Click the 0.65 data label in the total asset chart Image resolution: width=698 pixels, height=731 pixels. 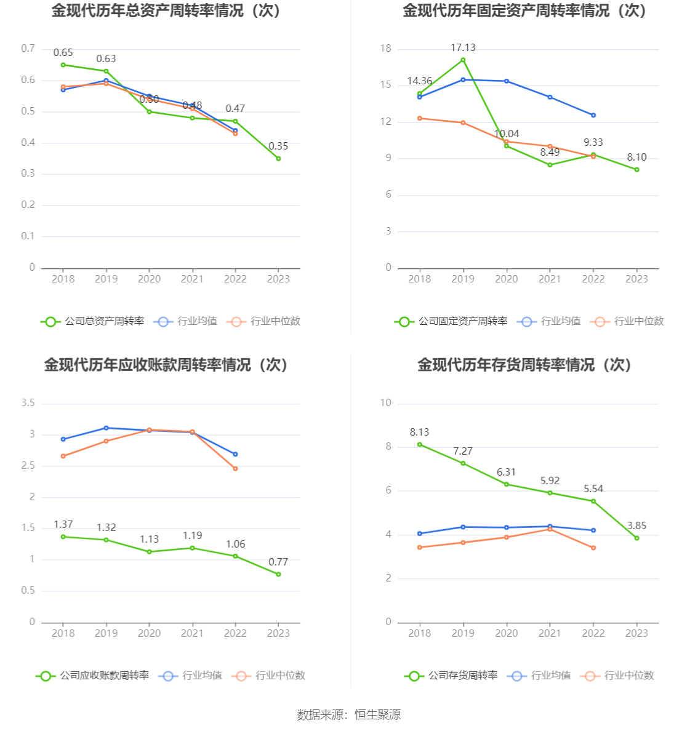pos(63,53)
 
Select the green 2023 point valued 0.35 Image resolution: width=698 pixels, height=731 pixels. pos(278,159)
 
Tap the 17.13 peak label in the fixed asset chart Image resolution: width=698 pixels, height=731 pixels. pos(463,48)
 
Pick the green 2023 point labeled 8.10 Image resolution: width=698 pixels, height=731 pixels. pos(637,170)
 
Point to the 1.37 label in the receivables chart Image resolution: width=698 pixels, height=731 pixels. pos(63,525)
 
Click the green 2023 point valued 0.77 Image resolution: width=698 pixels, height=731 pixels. pos(278,575)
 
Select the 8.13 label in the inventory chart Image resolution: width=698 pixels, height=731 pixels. pos(420,433)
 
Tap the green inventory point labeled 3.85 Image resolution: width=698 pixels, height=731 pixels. pos(637,538)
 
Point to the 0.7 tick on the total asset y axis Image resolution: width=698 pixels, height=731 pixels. pos(28,49)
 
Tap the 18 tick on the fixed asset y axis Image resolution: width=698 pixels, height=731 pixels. pos(386,49)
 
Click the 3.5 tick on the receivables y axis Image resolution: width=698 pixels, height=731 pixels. pos(28,403)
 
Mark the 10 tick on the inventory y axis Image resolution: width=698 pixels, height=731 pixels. pos(386,403)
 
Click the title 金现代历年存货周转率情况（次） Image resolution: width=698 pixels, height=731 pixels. pos(525,365)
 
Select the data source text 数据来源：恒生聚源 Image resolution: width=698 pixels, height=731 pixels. pos(349,715)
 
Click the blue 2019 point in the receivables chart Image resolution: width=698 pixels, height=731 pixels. pos(106,428)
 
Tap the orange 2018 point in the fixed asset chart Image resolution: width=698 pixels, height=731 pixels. pos(420,118)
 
